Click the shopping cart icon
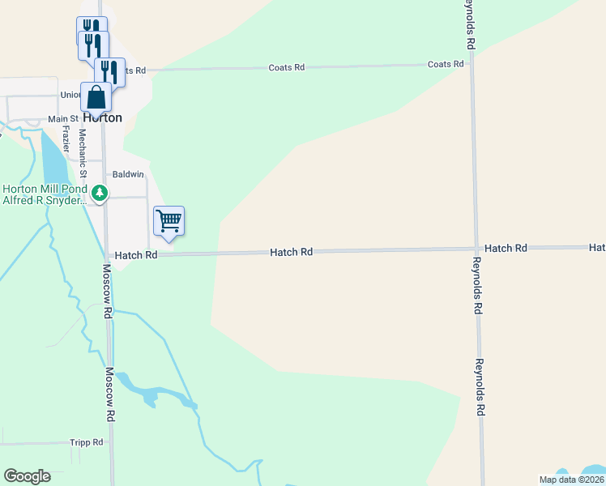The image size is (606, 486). pyautogui.click(x=169, y=220)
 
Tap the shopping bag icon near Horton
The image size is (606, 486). pyautogui.click(x=96, y=97)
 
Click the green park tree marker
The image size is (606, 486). pyautogui.click(x=99, y=193)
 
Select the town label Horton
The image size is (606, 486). pyautogui.click(x=103, y=117)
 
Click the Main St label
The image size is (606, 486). pyautogui.click(x=62, y=118)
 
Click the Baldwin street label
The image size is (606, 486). pyautogui.click(x=128, y=174)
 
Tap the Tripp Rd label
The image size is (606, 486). pyautogui.click(x=87, y=442)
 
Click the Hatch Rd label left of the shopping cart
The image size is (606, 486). pyautogui.click(x=136, y=255)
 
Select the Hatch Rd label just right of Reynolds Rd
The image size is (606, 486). pyautogui.click(x=506, y=248)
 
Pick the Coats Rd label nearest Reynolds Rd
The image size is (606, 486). pyautogui.click(x=446, y=64)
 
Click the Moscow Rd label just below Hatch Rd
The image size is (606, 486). pyautogui.click(x=107, y=284)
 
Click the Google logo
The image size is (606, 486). pyautogui.click(x=27, y=476)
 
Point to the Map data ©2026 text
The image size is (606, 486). pyautogui.click(x=570, y=480)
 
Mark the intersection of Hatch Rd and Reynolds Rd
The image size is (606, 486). pyautogui.click(x=476, y=249)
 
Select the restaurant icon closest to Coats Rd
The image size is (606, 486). pyautogui.click(x=109, y=72)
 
